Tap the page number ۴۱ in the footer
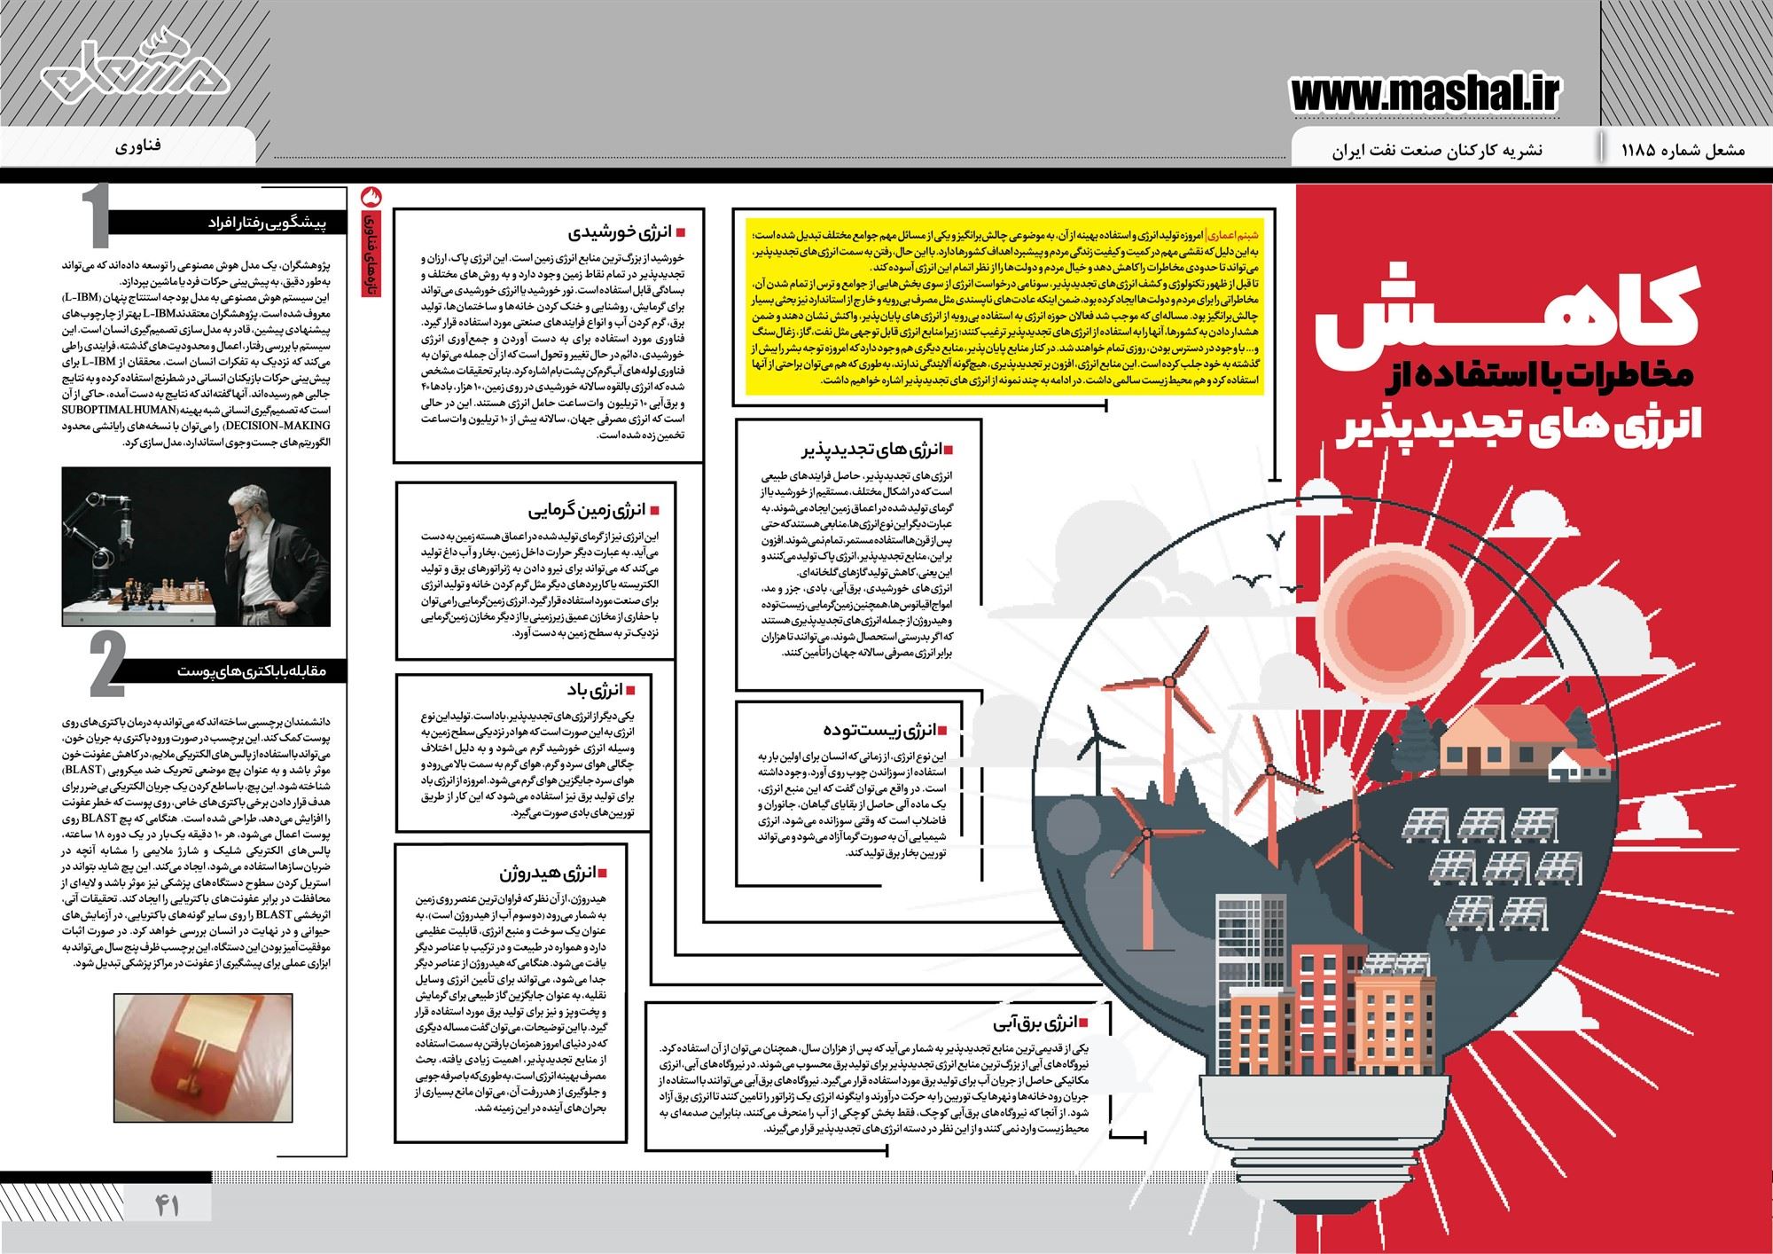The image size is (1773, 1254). pos(168,1205)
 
